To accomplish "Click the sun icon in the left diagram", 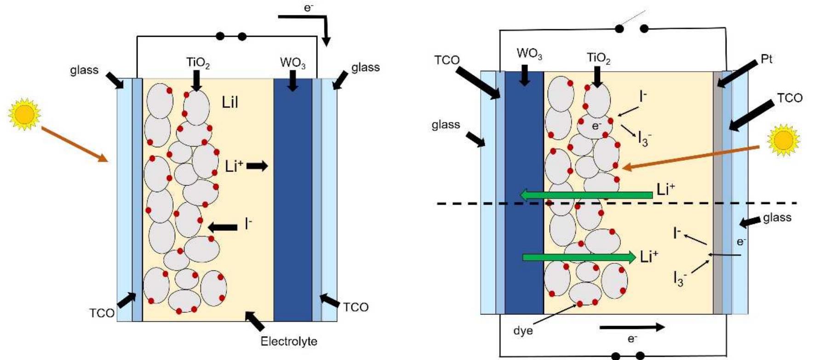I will (24, 114).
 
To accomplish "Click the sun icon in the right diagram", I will (784, 140).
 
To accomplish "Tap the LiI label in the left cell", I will (230, 102).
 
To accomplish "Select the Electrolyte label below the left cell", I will (289, 341).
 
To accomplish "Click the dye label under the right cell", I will (523, 331).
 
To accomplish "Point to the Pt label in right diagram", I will (767, 59).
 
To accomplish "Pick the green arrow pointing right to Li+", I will (579, 257).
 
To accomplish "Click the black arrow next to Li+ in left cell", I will (257, 166).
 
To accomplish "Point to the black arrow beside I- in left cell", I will (223, 227).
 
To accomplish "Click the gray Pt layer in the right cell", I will (717, 193).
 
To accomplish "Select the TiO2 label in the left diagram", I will (198, 63).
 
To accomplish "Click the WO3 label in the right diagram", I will (529, 53).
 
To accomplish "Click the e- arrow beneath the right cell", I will (632, 327).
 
